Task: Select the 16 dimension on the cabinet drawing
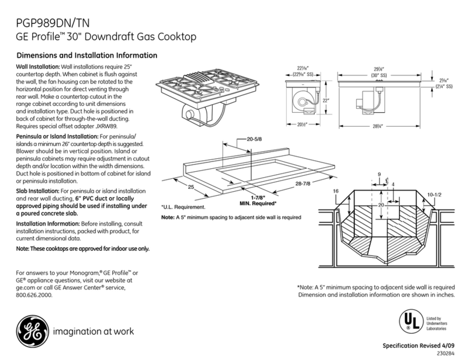[x=335, y=191]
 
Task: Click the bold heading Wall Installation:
[x=33, y=68]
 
